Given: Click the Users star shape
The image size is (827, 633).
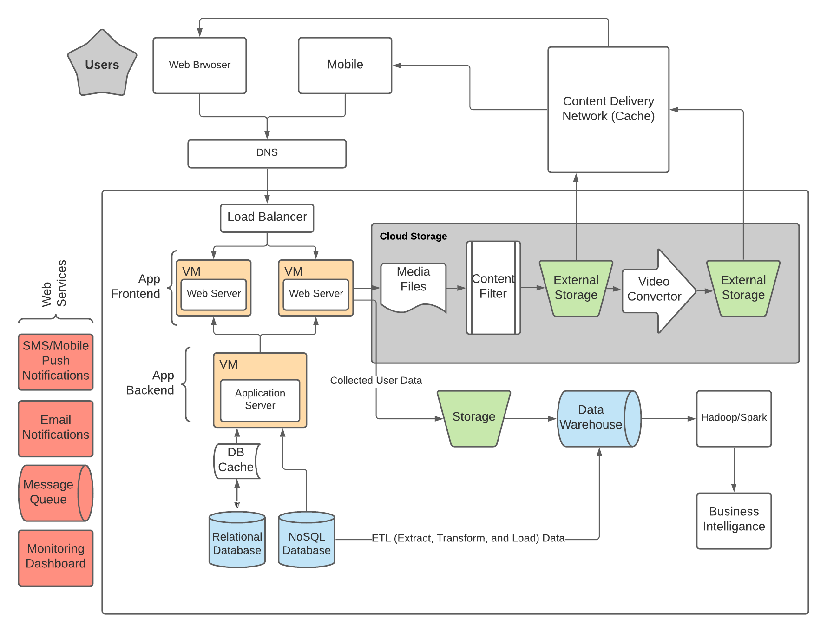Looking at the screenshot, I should (102, 65).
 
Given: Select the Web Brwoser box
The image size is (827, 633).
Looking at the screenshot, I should (199, 65).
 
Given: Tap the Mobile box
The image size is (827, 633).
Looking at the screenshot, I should (345, 65).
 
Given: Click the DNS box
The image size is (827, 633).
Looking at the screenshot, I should (267, 153).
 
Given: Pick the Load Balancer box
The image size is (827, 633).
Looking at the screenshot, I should (267, 218).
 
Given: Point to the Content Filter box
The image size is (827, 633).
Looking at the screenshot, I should (493, 287).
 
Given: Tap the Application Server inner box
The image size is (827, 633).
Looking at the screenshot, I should (260, 400).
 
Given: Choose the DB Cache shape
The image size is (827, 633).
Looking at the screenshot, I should (236, 460).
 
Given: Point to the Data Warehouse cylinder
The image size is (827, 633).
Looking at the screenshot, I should (595, 418).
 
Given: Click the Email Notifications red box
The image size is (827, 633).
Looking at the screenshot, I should (56, 428).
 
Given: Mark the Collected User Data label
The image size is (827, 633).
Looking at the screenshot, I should (376, 380).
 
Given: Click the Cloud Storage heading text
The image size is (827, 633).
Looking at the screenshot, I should (413, 236).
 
